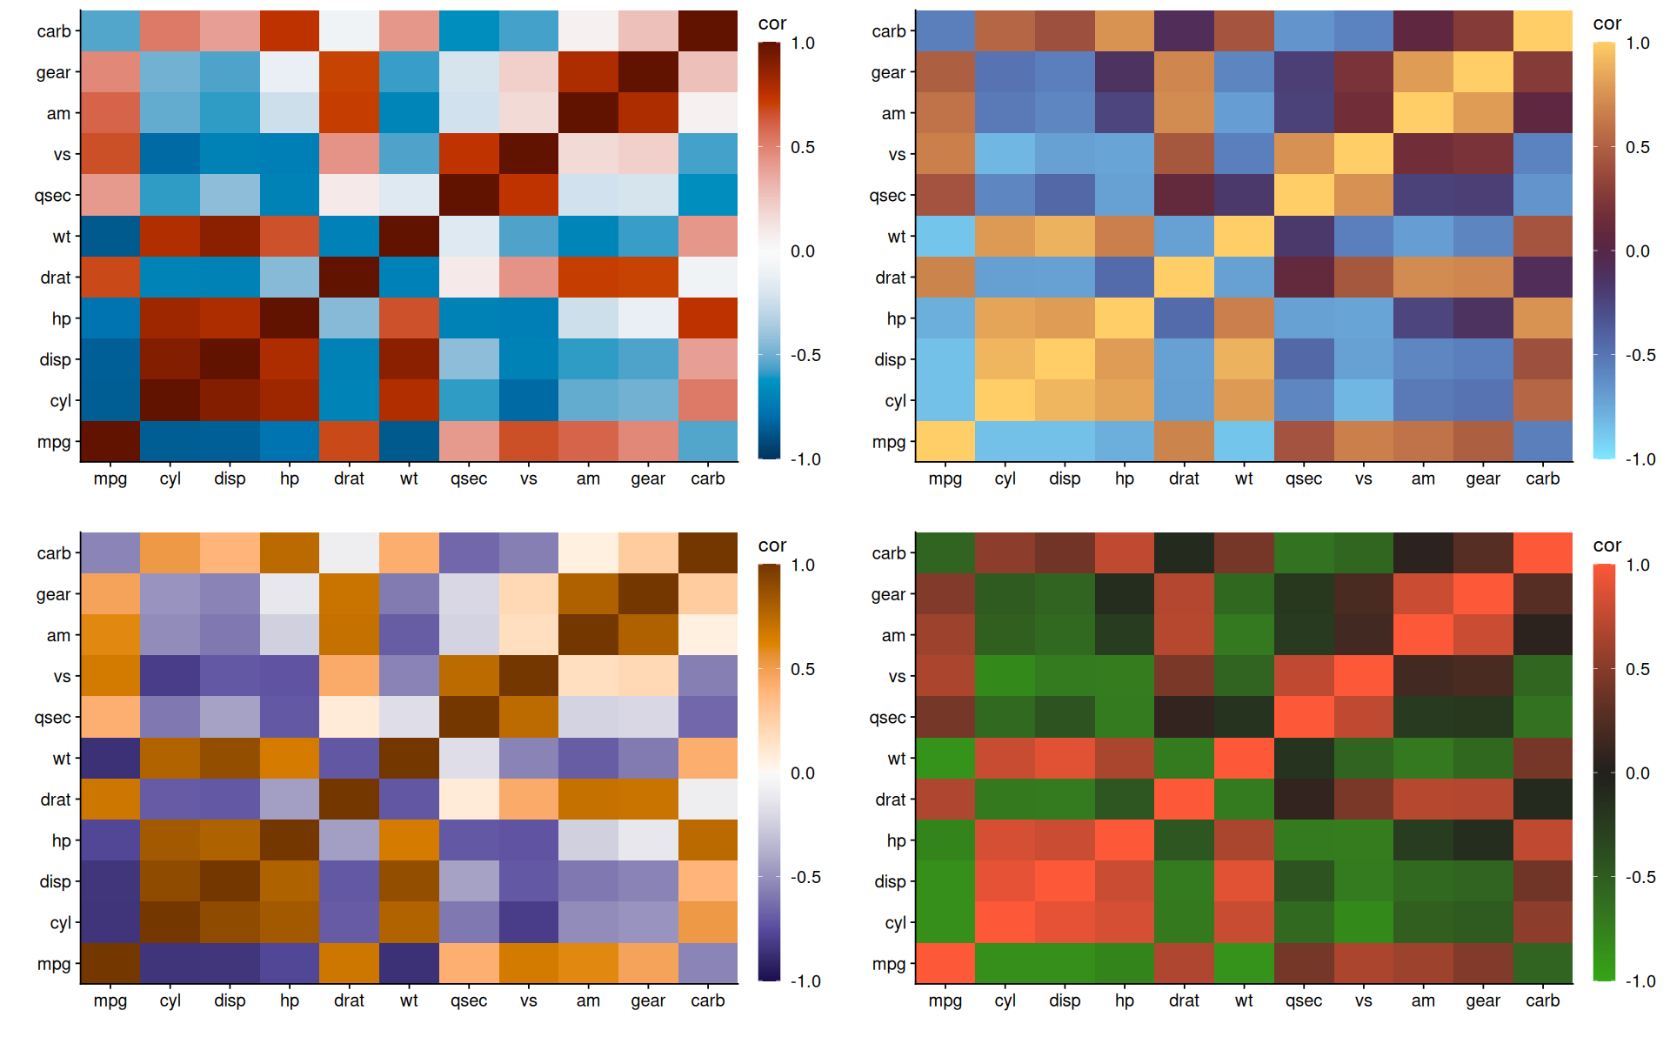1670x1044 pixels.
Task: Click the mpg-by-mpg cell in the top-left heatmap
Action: (110, 441)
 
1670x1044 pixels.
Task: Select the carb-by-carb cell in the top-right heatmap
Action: (1542, 31)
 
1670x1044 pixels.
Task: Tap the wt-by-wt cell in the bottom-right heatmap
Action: (1244, 758)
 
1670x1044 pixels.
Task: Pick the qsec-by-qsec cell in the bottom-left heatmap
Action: (469, 717)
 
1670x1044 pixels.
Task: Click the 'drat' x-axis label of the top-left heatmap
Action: (349, 478)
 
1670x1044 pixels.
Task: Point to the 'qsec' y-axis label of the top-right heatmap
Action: (887, 196)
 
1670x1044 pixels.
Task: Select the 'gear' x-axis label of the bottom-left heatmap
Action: (648, 1000)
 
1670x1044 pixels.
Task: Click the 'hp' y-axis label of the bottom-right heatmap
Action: (896, 840)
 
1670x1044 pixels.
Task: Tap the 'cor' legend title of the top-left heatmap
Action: (772, 23)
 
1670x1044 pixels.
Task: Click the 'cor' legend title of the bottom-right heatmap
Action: (1607, 545)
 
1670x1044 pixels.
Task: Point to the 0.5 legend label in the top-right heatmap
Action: (1638, 147)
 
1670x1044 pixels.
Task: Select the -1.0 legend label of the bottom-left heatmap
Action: (805, 981)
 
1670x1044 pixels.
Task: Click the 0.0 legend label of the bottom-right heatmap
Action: (1638, 773)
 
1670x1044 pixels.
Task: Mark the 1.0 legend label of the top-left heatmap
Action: (803, 43)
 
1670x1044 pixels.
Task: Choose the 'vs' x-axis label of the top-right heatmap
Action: (1363, 478)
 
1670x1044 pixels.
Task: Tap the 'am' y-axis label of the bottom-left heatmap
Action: (58, 635)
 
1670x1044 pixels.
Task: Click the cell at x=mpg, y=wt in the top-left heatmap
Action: (110, 237)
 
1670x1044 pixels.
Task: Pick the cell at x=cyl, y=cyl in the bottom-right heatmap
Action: (1005, 922)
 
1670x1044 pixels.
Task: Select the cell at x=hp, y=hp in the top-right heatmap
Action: (1124, 318)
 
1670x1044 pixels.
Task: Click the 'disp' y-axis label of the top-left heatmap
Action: (55, 359)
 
